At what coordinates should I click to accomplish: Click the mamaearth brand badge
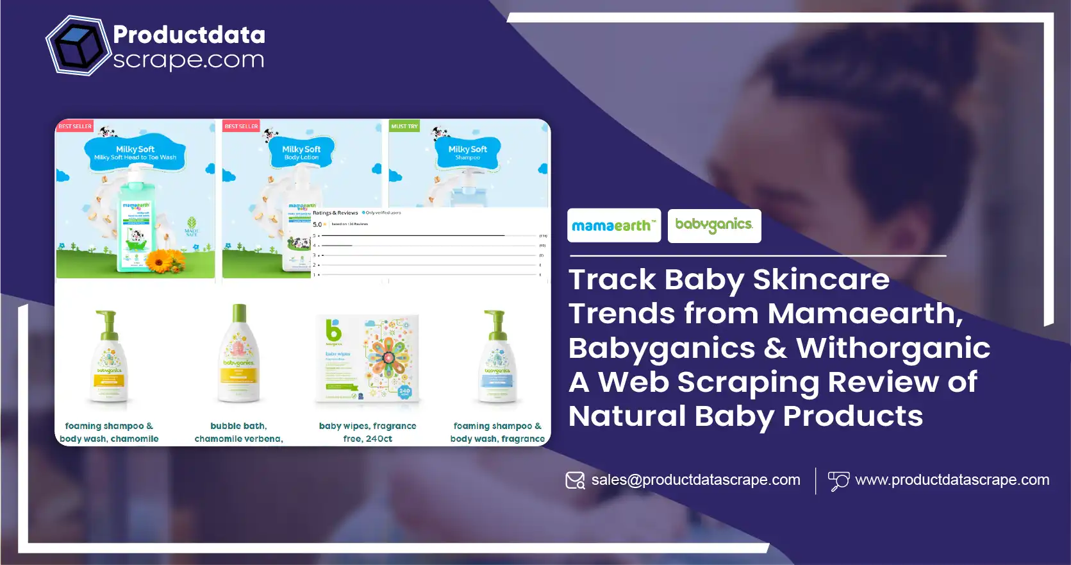613,226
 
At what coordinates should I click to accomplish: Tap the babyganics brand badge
714,226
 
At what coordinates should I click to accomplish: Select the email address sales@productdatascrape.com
695,480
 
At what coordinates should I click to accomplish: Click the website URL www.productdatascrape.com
952,480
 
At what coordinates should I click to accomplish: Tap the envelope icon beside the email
575,480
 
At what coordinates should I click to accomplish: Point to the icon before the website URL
838,481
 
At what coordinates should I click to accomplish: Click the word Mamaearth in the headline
865,314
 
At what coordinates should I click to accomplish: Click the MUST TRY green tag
404,126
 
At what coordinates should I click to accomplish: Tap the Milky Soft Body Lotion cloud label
301,153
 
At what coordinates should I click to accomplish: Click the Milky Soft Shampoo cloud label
468,153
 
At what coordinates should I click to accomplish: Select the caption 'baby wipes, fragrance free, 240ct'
367,432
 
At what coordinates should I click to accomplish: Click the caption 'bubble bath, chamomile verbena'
238,432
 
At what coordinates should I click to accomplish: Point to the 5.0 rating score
317,224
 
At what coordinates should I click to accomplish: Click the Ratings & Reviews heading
335,213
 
